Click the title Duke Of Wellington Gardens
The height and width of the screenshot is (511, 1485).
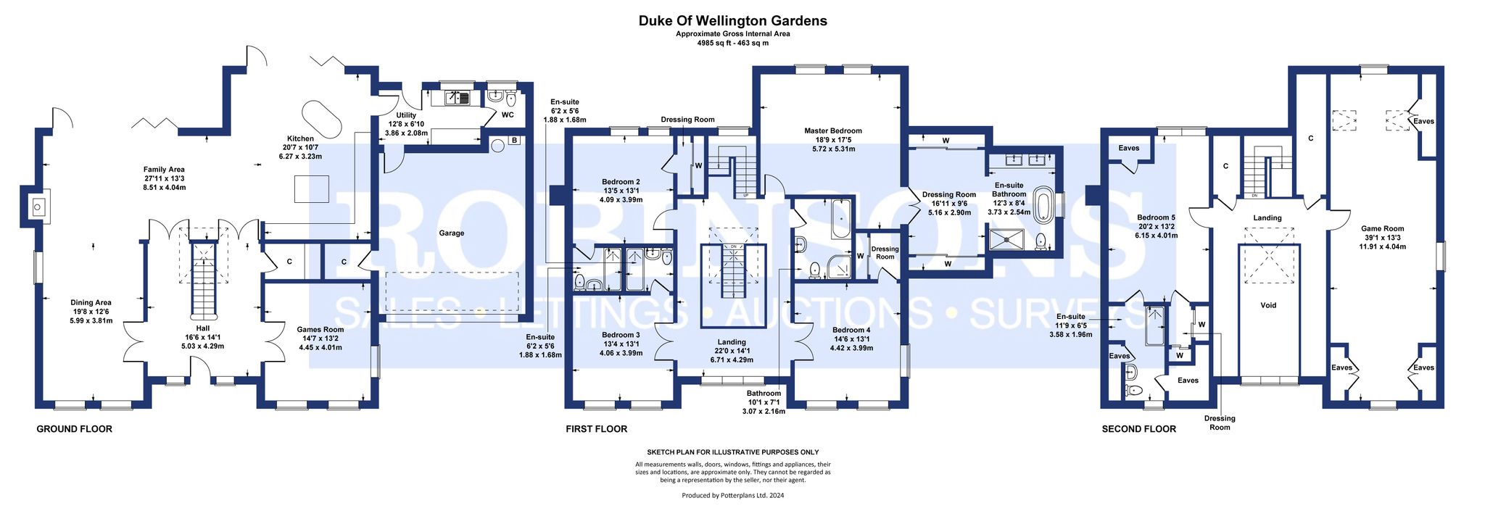732,21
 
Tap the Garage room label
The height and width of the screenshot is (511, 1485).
451,233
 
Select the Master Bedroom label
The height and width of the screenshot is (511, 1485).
833,131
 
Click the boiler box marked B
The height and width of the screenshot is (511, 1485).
514,140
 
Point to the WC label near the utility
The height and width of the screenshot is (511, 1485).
508,115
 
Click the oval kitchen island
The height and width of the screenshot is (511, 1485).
320,120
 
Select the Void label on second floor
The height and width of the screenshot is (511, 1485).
1268,305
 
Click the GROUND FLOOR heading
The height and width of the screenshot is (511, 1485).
75,429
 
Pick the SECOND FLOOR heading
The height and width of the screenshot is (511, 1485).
1138,429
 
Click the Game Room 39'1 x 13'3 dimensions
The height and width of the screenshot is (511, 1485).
1382,238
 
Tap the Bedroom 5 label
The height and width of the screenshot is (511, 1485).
1156,217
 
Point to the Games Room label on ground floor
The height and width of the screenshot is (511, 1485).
320,330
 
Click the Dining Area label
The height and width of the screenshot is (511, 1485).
91,303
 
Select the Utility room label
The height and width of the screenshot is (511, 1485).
406,115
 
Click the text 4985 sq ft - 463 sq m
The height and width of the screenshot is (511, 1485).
732,43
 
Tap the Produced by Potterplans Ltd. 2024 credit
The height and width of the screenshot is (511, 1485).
732,496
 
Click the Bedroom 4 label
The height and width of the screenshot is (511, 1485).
851,330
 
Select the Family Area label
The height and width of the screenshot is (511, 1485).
164,170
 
